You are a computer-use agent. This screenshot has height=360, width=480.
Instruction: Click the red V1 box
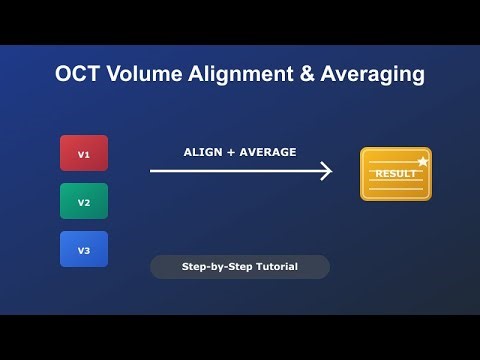point(84,153)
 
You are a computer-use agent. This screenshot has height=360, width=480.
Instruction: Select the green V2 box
point(84,201)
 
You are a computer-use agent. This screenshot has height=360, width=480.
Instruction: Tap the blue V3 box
point(84,249)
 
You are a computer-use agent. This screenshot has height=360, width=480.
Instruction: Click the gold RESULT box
point(395,174)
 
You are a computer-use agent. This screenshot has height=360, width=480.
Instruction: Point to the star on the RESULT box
point(423,160)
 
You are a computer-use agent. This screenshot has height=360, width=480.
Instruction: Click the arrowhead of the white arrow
point(326,172)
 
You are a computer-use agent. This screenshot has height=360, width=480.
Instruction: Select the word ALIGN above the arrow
point(203,152)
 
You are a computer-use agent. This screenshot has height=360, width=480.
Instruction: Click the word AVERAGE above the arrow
point(268,152)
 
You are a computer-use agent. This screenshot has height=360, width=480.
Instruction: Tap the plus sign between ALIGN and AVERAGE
point(231,152)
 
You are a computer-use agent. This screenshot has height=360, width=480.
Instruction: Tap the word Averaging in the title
point(372,75)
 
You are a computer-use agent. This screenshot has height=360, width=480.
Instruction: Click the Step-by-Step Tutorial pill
point(239,267)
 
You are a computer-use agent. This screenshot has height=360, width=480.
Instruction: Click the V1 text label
point(84,154)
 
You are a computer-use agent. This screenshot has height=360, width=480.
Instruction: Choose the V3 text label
point(84,250)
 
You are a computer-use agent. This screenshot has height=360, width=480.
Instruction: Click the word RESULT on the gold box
point(394,174)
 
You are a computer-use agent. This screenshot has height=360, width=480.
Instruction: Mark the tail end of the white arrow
point(152,172)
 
